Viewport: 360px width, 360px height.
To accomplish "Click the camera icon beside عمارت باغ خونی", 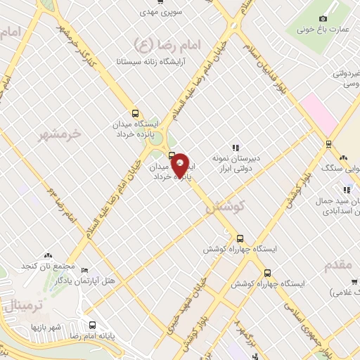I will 323,18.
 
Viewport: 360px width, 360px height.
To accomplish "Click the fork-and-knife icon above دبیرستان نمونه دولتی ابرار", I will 236,148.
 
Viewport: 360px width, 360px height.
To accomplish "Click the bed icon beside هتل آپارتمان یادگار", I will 85,271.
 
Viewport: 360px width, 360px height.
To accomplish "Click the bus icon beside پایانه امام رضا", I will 93,325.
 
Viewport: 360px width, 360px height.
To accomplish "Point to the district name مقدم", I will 341,264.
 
